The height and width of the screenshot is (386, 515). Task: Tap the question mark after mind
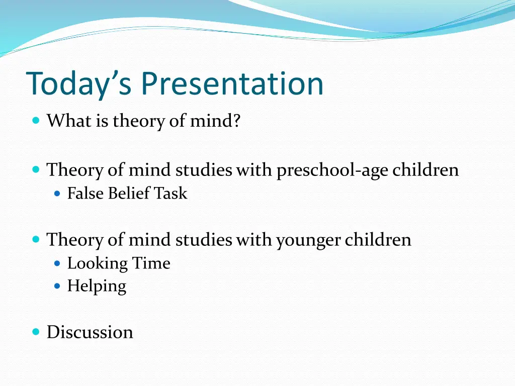[x=236, y=121]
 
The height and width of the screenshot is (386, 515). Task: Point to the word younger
[x=307, y=240]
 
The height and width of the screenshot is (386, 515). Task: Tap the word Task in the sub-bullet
[x=170, y=194]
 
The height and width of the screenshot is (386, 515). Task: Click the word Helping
[x=97, y=286]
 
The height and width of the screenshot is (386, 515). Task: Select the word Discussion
[x=90, y=332]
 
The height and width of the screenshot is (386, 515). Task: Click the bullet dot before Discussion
[x=36, y=332]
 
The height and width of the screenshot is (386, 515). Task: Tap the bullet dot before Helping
[x=57, y=286]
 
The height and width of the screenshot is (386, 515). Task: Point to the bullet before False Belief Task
[x=57, y=193]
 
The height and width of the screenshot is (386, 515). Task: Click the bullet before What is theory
[x=36, y=121]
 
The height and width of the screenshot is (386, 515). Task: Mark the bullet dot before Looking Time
[x=57, y=263]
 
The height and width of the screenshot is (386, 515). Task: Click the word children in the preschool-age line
[x=425, y=170]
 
